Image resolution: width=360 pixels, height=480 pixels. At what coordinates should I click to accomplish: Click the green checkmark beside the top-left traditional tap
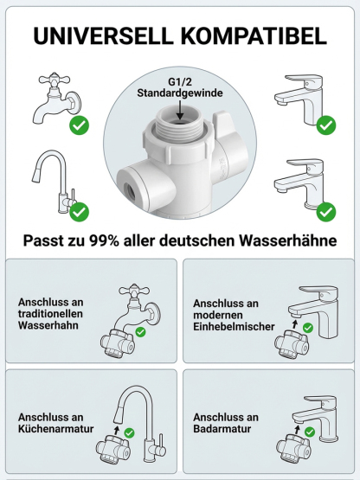tap(80, 126)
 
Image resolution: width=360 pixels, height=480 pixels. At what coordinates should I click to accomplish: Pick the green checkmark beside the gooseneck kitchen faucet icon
tap(80, 211)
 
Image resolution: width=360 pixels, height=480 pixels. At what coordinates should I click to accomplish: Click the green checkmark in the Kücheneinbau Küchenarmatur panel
tap(129, 432)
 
